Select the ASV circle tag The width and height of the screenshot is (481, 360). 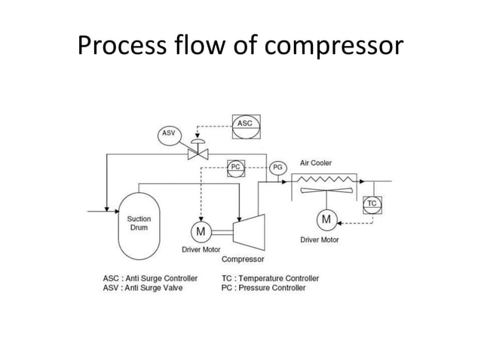[x=169, y=134]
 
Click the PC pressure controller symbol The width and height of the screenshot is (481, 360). [x=236, y=167]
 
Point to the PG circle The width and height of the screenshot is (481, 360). [x=277, y=167]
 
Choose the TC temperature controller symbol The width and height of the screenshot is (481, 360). [x=372, y=203]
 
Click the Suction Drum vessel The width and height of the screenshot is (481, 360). [x=140, y=223]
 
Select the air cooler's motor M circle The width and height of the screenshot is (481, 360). [x=326, y=219]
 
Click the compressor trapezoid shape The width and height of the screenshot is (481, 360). [x=246, y=229]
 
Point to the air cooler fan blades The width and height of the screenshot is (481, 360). [x=326, y=193]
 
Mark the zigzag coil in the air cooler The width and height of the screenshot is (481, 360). [x=326, y=179]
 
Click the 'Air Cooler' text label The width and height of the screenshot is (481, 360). [x=315, y=163]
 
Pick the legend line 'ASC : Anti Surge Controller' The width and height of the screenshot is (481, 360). [x=150, y=278]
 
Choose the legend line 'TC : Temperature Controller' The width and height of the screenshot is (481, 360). [x=271, y=278]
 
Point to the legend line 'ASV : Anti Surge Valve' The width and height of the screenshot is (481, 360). [x=142, y=288]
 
